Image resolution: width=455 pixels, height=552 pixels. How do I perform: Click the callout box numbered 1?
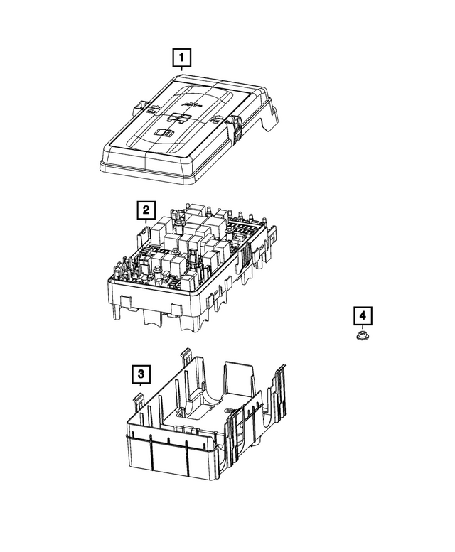tap(181, 56)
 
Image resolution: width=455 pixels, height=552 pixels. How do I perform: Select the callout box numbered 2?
tap(146, 210)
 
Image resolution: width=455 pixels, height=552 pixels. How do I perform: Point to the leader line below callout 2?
tap(146, 222)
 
